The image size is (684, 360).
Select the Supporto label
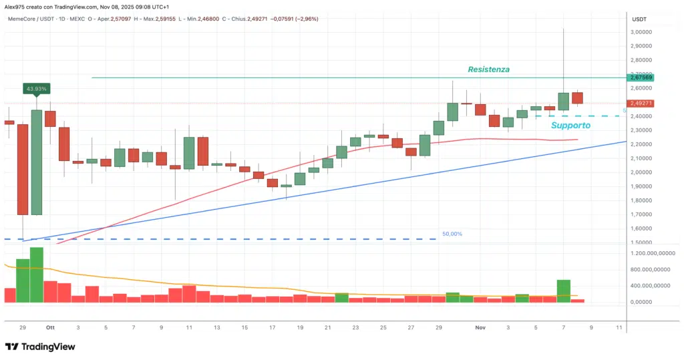[x=570, y=125]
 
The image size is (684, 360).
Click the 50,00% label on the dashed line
[x=452, y=234]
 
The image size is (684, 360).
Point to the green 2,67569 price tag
[x=641, y=77]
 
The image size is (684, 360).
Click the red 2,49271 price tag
[x=641, y=104]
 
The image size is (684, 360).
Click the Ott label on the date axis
[x=49, y=328]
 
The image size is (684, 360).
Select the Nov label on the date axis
[x=480, y=328]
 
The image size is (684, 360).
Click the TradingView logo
[x=40, y=347]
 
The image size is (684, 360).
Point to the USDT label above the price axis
[x=639, y=19]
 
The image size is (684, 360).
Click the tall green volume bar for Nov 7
[x=564, y=291]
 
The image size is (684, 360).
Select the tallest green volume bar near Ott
[x=37, y=275]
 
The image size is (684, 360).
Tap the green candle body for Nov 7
[x=564, y=102]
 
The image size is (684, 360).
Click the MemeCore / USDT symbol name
[x=31, y=19]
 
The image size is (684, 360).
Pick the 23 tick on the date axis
[x=355, y=328]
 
